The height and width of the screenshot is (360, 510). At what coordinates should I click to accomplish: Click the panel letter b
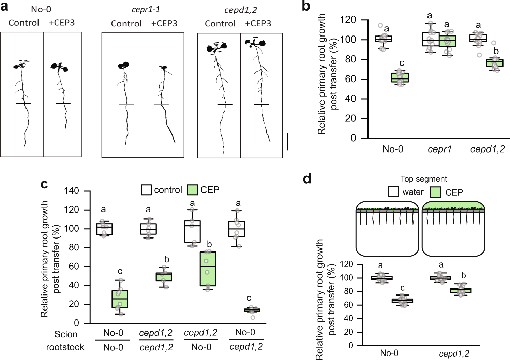[306, 6]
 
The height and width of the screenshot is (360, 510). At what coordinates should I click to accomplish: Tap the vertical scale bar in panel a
[288, 142]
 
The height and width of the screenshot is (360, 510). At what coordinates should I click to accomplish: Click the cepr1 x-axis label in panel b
[439, 149]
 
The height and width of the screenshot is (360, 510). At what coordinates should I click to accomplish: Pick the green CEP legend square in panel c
[193, 190]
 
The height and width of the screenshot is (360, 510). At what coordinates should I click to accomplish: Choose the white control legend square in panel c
[146, 190]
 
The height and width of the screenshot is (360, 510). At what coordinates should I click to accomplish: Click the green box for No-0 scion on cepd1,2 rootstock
[252, 310]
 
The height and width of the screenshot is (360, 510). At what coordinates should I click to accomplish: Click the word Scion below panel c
[66, 334]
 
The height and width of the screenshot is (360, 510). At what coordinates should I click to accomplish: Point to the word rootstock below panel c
[65, 347]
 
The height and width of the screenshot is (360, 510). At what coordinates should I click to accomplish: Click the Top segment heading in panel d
[423, 179]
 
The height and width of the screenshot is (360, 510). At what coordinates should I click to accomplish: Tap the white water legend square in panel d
[393, 192]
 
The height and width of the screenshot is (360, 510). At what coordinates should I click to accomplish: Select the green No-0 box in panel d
[402, 301]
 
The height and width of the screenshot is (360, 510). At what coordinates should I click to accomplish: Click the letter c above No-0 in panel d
[402, 288]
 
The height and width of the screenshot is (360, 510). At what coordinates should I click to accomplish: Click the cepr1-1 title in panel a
[146, 10]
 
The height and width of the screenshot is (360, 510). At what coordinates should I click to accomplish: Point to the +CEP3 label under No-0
[61, 23]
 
